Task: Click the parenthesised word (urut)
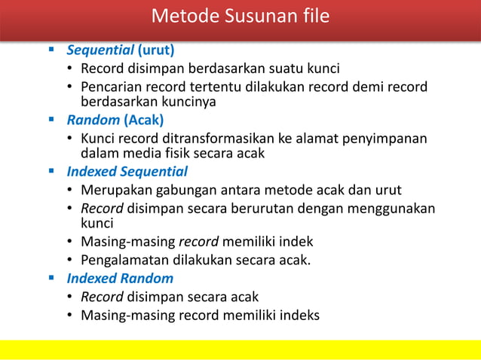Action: pyautogui.click(x=155, y=50)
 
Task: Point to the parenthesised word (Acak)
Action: pyautogui.click(x=144, y=120)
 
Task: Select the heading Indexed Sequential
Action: pyautogui.click(x=127, y=172)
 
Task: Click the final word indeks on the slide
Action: pyautogui.click(x=298, y=315)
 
